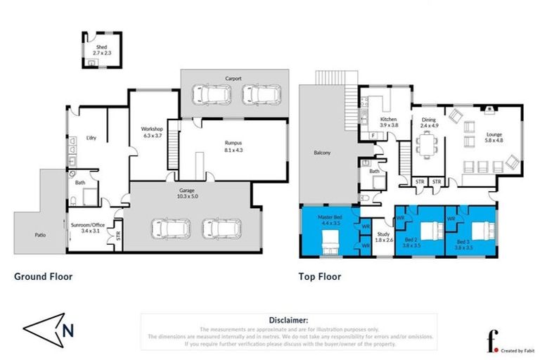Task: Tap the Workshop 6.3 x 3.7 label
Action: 152,131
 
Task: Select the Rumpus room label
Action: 234,144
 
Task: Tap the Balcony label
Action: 323,153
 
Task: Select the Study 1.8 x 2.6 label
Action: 383,238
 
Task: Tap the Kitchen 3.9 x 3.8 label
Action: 389,122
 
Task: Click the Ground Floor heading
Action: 44,276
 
